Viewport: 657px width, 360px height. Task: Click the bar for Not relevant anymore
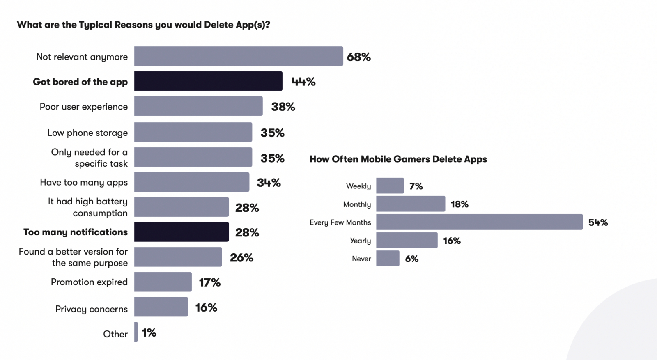pos(238,56)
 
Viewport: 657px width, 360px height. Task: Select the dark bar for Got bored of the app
pos(208,81)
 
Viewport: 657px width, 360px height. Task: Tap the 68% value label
pos(358,57)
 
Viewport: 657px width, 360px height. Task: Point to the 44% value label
pos(303,82)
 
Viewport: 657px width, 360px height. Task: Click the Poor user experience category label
pos(84,107)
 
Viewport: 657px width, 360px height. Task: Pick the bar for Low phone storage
pos(193,132)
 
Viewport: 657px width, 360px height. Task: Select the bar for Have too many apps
pos(191,182)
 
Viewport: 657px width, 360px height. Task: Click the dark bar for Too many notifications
pos(181,232)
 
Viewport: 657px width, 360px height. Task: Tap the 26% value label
pos(241,258)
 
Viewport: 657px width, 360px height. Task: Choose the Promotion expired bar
pos(163,282)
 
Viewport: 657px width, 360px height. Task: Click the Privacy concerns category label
pos(91,309)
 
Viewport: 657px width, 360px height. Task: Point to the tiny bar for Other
pos(136,332)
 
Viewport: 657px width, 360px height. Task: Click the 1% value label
pos(149,332)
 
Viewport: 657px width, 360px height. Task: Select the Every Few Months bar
pos(479,222)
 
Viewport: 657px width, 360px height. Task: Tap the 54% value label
pos(598,222)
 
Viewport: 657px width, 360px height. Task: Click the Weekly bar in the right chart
pos(390,186)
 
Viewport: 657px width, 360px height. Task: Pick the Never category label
pos(361,259)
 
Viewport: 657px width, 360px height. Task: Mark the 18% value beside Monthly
pos(459,204)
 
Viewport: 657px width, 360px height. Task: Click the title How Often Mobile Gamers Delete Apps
pos(398,159)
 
